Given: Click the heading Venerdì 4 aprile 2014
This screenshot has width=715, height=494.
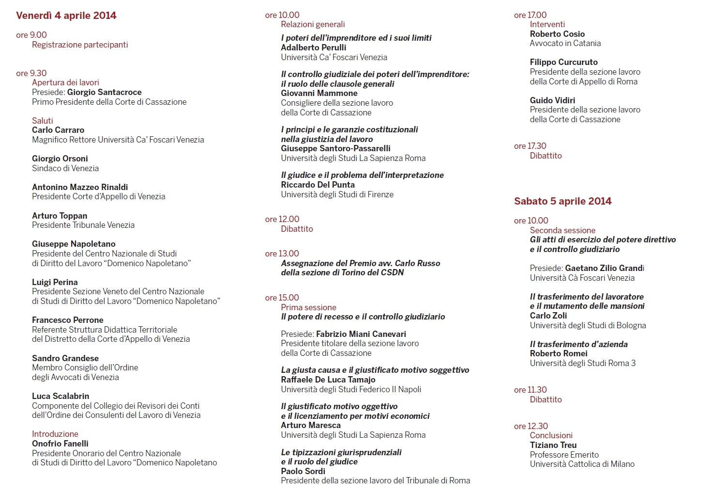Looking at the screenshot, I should coord(66,16).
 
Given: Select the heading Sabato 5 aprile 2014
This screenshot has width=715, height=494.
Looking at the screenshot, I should coord(563,201).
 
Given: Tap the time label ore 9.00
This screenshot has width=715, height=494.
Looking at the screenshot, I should coord(31,35).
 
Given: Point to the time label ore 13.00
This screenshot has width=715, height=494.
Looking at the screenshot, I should coord(282,254).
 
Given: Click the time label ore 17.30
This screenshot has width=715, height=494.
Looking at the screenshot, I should coord(530,146).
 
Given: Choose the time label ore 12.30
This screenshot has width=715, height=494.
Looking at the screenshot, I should coord(531,426).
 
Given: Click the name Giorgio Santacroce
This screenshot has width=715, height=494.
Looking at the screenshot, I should coord(104,92).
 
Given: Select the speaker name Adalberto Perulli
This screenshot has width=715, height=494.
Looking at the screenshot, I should coord(313,48).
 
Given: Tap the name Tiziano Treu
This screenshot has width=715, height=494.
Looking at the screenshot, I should coord(553,445).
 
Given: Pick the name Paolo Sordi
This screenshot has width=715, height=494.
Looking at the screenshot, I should coord(303,471).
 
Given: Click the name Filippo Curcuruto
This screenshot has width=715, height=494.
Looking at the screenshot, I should coord(563,62).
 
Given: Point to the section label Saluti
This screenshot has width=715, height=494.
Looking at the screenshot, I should coord(43,121).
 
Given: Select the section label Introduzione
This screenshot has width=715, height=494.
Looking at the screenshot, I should coord(55,434).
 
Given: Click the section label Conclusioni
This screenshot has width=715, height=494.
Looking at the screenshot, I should coord(551,435).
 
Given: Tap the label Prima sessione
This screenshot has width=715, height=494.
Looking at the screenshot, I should coord(308,307).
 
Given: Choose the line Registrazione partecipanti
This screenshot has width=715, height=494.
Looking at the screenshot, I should coord(80,45).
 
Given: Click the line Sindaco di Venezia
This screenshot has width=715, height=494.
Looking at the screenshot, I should coord(65,168).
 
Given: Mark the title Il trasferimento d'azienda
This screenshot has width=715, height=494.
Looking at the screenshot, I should coord(578,344).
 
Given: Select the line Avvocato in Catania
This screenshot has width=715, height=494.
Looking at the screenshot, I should coord(565,43).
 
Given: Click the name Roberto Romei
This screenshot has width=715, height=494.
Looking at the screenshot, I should coord(558,353).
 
